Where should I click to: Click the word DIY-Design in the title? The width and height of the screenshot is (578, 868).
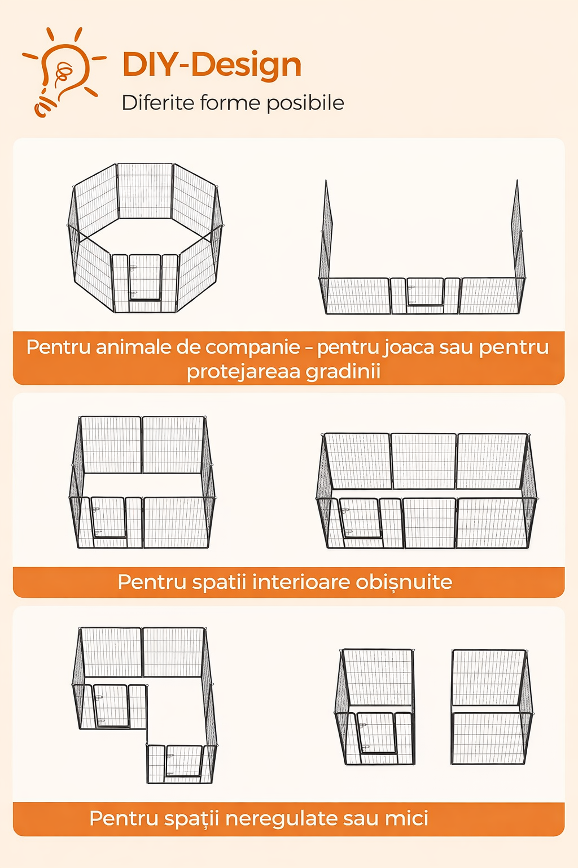tap(212, 65)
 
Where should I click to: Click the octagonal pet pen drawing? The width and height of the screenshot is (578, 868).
tap(146, 237)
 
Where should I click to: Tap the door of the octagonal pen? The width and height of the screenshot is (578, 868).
tap(145, 277)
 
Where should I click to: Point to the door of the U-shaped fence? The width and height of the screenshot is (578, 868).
tap(425, 292)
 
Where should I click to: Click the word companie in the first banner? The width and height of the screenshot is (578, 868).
tap(253, 347)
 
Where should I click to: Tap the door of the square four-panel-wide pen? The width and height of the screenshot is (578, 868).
tap(108, 518)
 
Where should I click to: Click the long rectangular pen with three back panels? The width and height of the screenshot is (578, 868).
tap(427, 491)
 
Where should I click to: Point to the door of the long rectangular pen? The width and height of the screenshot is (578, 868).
tap(360, 518)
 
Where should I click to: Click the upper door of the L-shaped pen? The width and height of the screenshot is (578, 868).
tap(111, 705)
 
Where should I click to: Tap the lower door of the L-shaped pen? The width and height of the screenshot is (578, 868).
tap(184, 761)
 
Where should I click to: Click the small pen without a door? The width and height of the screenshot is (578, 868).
tap(492, 707)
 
